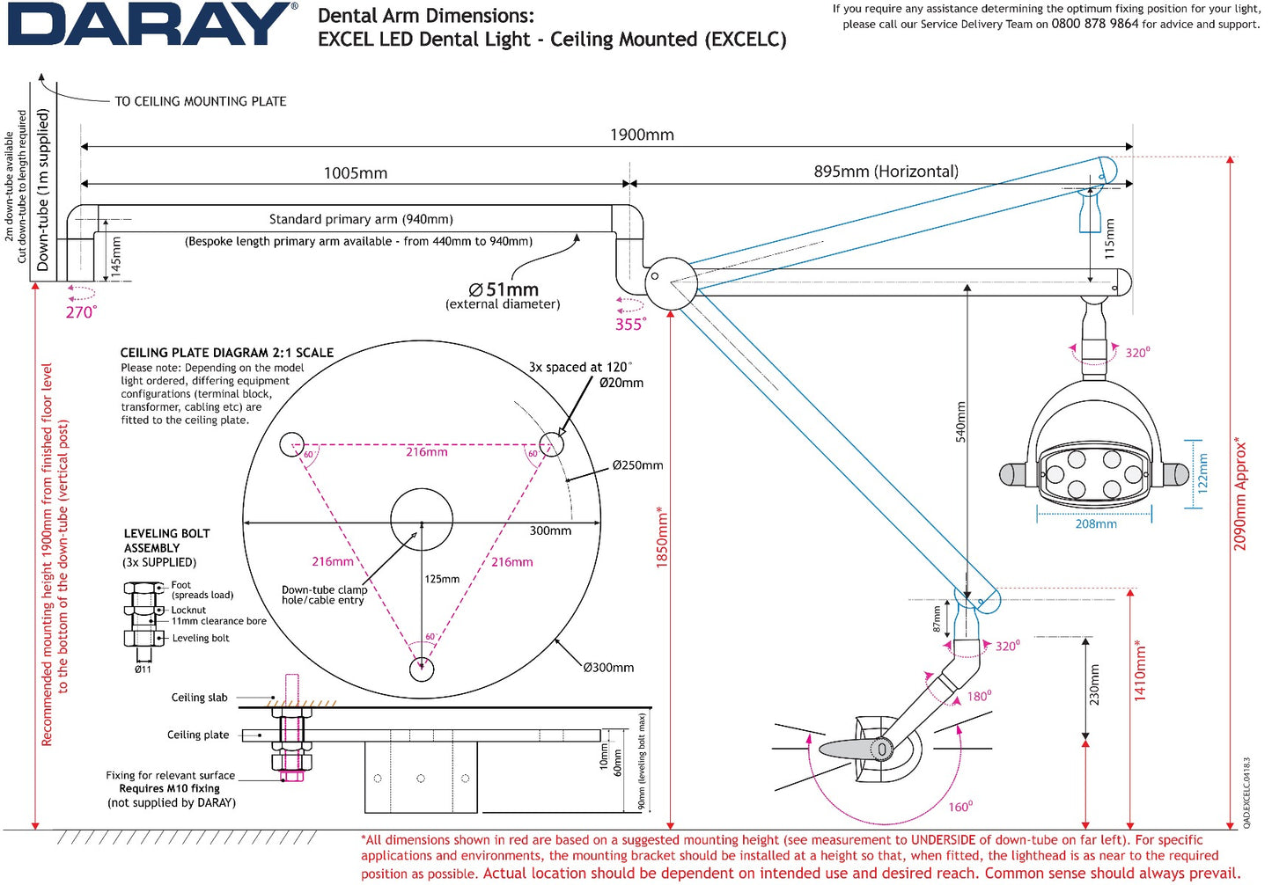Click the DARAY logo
pos(151,25)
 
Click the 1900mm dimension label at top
pos(642,135)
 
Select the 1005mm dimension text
pos(355,173)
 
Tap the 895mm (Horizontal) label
pos(886,172)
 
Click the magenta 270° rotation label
pos(81,312)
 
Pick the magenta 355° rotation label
pos(630,325)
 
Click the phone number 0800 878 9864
pos(1094,24)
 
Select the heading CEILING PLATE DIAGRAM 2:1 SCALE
pos(227,353)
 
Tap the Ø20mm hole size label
pos(621,383)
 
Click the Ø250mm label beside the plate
pos(637,465)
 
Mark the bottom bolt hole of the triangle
pos(422,669)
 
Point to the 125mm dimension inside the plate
pos(442,580)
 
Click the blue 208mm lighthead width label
pos(1096,524)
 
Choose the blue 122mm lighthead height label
pos(1203,472)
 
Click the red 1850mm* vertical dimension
pos(663,537)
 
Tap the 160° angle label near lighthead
pos(960,807)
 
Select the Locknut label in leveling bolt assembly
pos(188,610)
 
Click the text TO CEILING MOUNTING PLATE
pos(201,101)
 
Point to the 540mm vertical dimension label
pos(960,422)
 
